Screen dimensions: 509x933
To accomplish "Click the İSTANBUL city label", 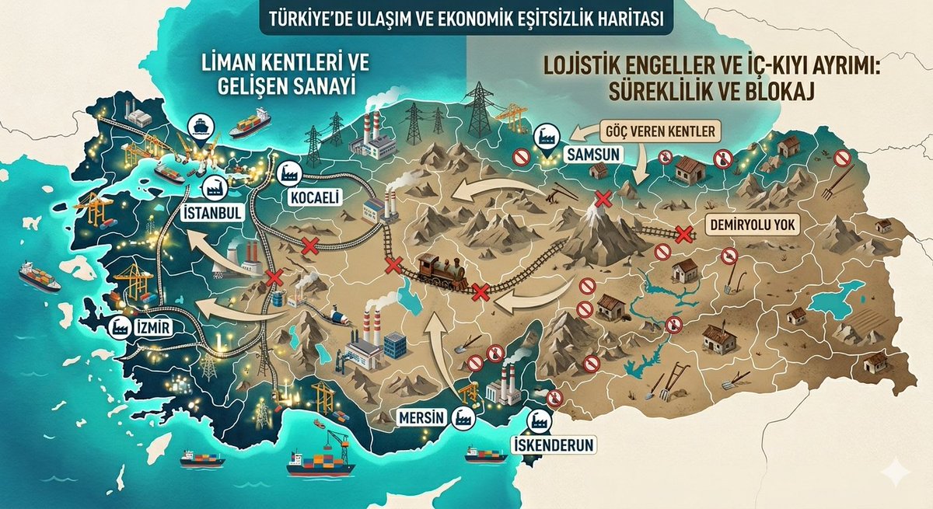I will click(x=211, y=212).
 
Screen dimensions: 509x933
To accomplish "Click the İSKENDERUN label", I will click(x=553, y=445).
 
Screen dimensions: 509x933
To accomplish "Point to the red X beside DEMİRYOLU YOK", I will click(x=683, y=233).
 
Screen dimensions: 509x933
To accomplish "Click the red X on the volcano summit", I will click(x=601, y=197).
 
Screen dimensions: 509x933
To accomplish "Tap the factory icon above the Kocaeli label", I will click(x=290, y=172).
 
